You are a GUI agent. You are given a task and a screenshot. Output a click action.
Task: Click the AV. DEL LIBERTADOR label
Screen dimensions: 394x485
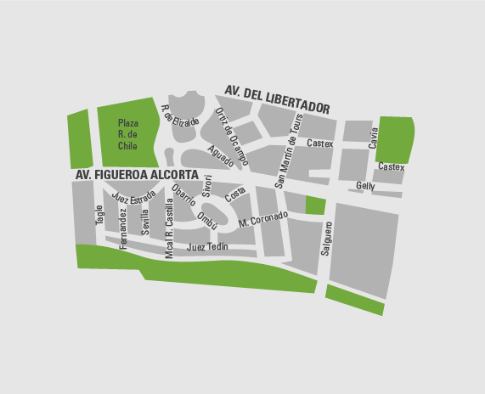(x=276, y=98)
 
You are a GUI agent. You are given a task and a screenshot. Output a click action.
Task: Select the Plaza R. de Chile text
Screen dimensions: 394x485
(x=127, y=134)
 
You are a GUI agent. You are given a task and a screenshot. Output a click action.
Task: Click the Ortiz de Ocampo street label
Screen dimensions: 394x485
(x=231, y=136)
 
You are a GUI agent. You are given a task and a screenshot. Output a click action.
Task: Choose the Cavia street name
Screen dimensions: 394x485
(x=373, y=138)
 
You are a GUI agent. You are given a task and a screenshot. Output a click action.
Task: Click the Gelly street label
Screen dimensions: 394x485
(x=365, y=186)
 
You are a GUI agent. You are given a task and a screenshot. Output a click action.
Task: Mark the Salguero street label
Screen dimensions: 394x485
(x=326, y=239)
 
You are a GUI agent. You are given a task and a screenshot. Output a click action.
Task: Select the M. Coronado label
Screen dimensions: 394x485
(x=264, y=219)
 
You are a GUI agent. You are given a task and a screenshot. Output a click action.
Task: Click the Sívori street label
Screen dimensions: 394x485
(x=206, y=187)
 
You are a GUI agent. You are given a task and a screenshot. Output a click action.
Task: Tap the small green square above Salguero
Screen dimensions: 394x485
(x=314, y=205)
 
